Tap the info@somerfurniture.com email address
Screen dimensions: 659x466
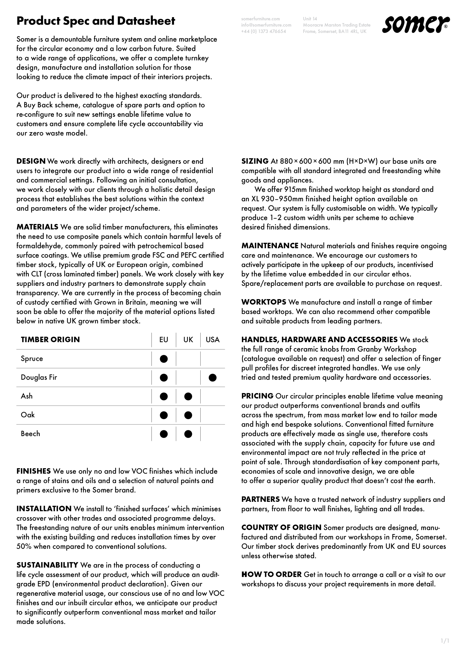point(266,25)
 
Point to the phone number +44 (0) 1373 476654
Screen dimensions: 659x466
point(264,31)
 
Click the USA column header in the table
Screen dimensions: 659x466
point(212,340)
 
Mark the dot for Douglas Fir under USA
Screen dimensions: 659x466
point(212,378)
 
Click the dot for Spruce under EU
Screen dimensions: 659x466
point(164,359)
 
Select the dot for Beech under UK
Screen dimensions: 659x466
point(188,434)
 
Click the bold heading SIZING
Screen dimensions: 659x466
point(255,161)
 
